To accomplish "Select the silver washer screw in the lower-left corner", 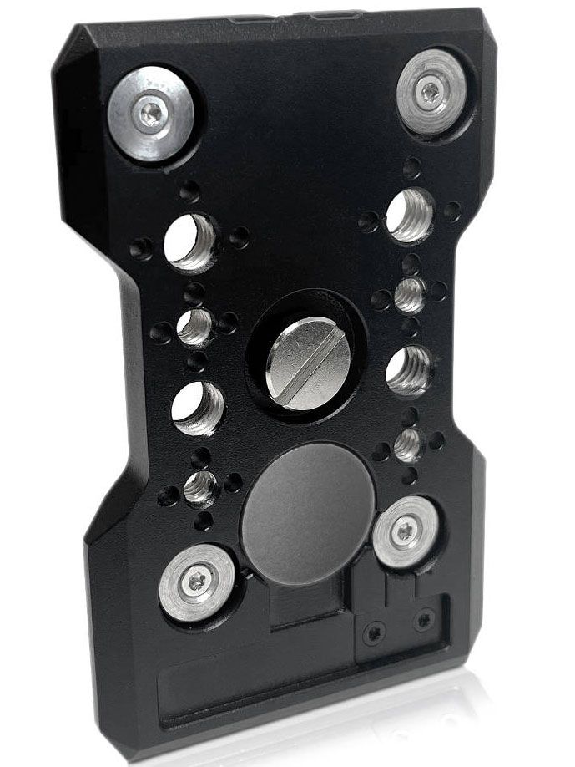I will tap(197, 583).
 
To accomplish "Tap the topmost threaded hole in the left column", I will tap(190, 242).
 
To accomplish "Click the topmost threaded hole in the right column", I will tap(410, 216).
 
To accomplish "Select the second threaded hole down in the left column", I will tap(194, 327).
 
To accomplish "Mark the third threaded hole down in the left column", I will tap(198, 409).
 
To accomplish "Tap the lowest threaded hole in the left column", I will tap(200, 487).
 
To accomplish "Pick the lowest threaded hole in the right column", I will tap(407, 444).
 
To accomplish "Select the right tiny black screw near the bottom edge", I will tap(425, 619).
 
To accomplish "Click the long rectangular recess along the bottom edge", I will tap(250, 681).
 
